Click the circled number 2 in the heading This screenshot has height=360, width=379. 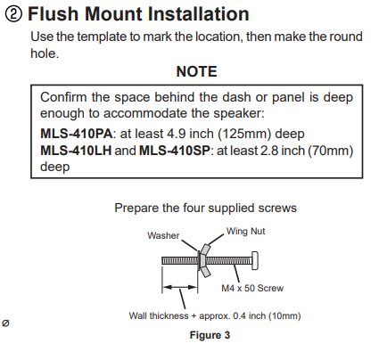click(x=13, y=14)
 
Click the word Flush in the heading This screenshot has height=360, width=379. click(x=54, y=13)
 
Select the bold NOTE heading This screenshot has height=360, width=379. click(x=196, y=71)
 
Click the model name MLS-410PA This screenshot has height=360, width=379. click(x=77, y=134)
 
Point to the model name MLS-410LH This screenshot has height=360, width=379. click(x=76, y=151)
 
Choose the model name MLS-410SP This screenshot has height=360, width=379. click(x=175, y=151)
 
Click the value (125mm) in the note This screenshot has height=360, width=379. click(x=244, y=134)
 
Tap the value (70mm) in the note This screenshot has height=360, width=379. click(x=330, y=151)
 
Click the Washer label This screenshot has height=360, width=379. click(x=163, y=235)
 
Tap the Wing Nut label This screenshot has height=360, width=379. click(x=245, y=231)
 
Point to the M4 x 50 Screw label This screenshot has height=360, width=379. click(x=252, y=288)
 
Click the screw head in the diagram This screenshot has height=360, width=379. click(x=255, y=261)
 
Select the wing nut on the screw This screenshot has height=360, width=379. click(x=205, y=260)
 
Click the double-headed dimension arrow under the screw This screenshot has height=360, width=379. click(x=180, y=287)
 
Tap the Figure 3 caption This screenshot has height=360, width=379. click(x=210, y=335)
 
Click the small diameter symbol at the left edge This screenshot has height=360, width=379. click(x=5, y=323)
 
